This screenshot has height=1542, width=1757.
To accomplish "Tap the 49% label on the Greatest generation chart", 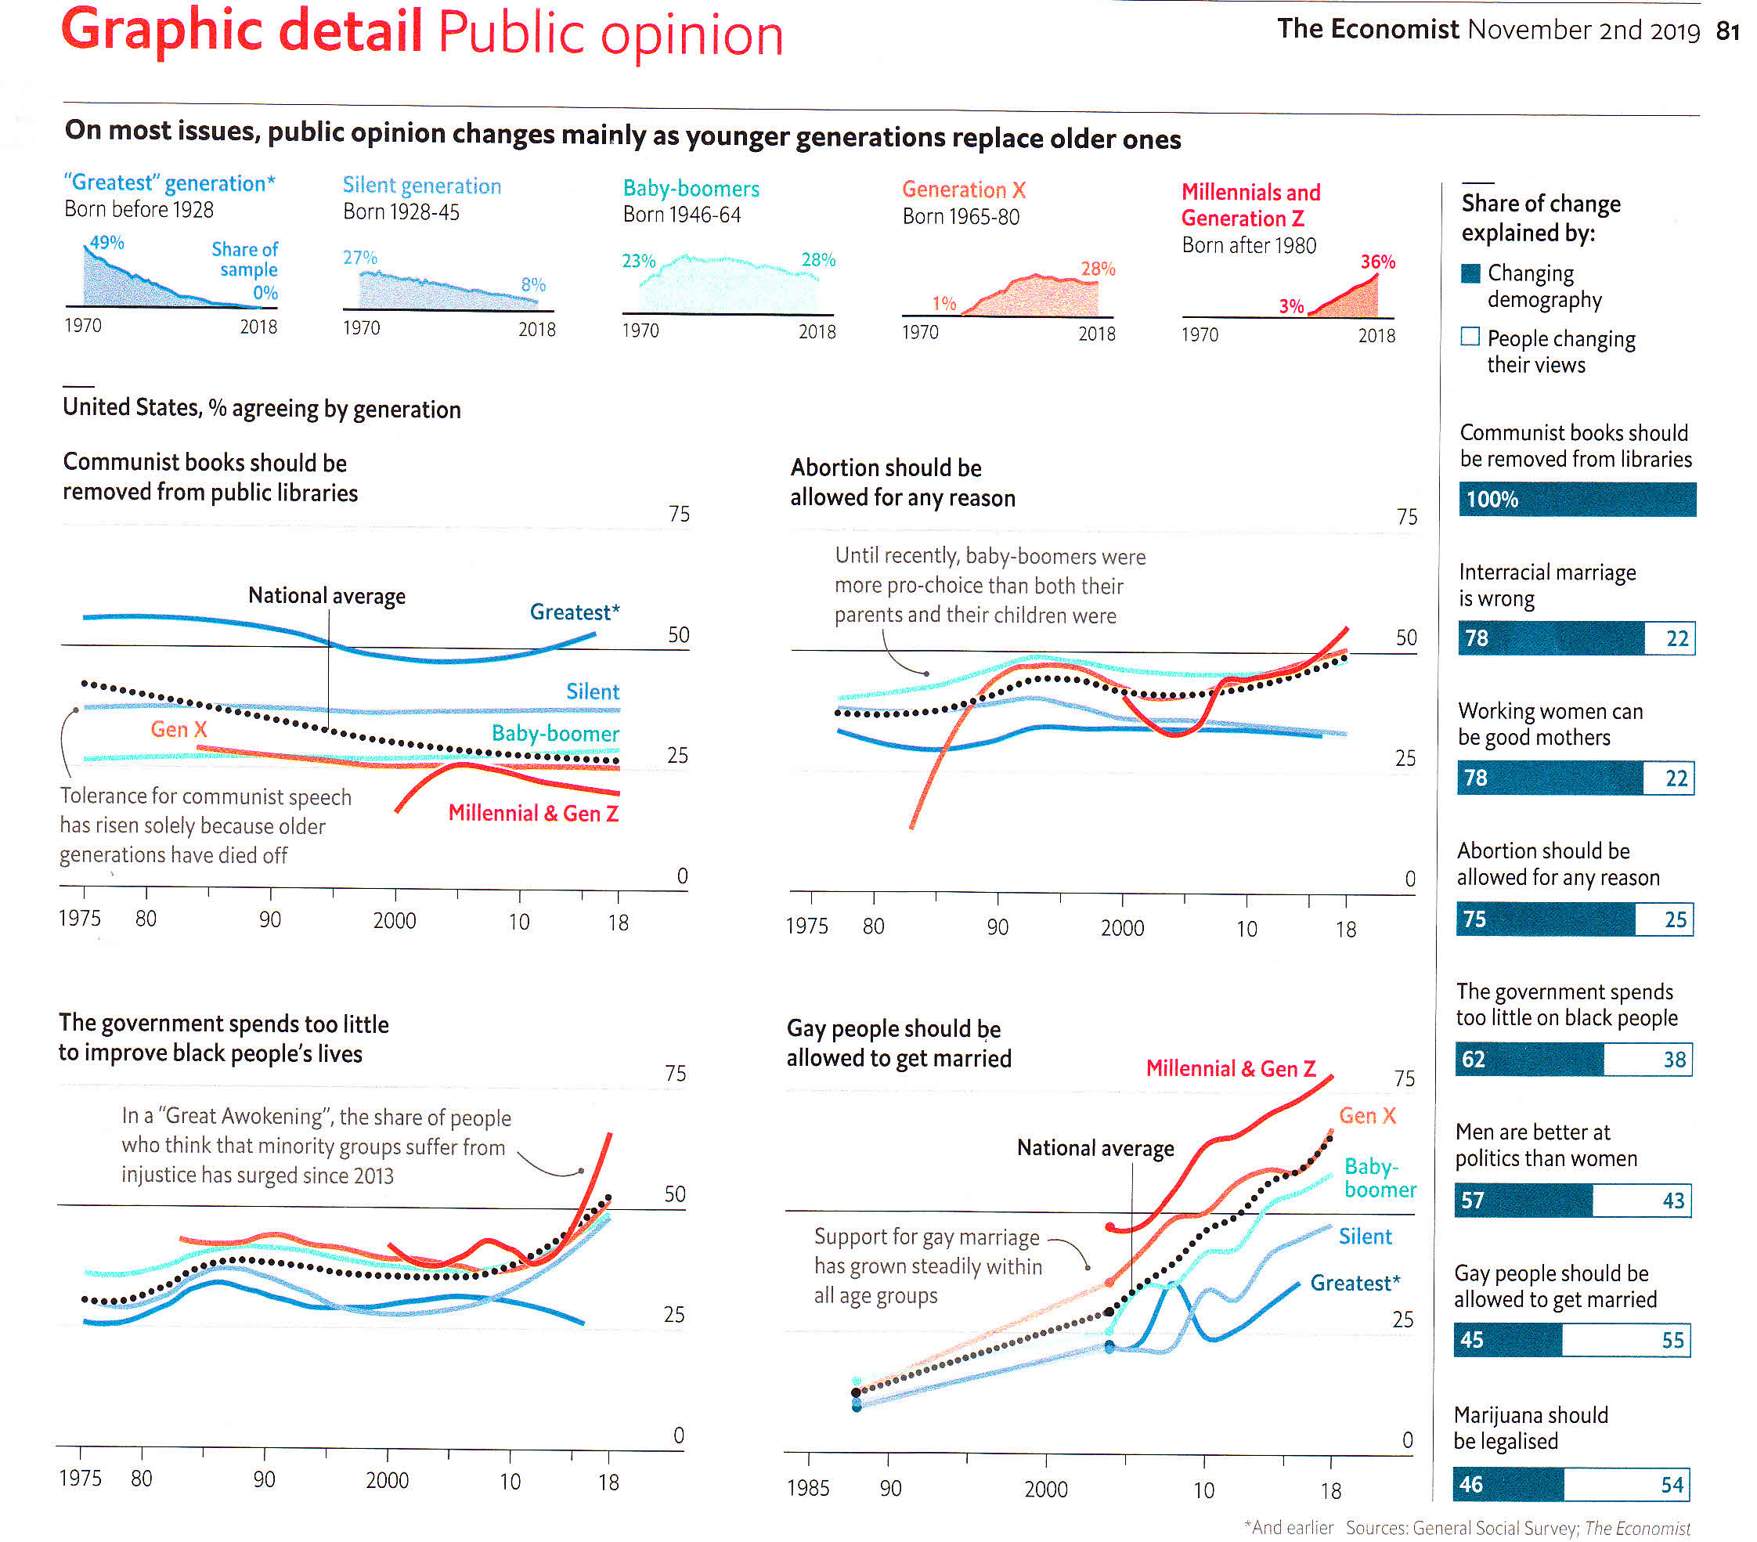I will coord(106,243).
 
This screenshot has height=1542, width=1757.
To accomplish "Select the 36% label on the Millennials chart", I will coord(1377,262).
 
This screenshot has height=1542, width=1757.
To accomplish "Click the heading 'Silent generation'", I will coord(421,186).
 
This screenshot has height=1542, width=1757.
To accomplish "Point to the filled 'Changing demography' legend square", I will coord(1470,273).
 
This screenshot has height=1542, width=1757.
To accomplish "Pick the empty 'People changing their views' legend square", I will coord(1470,336).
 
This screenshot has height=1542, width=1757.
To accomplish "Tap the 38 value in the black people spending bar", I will coord(1674,1059).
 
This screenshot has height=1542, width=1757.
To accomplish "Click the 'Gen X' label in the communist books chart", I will coord(179,729).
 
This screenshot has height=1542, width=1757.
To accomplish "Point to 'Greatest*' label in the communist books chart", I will coord(574,612).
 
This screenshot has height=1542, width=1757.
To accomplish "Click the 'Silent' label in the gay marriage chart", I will coord(1365,1236).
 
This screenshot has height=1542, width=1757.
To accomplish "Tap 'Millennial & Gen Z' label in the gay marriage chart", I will coord(1230,1068).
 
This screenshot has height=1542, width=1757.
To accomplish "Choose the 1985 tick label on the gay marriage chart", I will coord(807,1488).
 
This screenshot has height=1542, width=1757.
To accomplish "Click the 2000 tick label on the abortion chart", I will coord(1122,928).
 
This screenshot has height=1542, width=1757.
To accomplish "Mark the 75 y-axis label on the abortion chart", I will coord(1406,517).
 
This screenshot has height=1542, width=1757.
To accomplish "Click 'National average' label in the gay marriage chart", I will coord(1095,1148).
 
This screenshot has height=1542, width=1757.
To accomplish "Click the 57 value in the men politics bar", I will coord(1472,1200).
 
